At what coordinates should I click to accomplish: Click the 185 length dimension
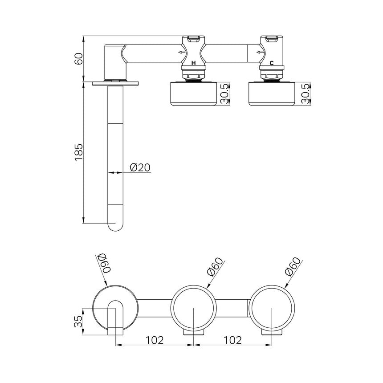coord(78,152)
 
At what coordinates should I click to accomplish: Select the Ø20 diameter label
coord(140,167)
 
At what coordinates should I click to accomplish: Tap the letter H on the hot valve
coord(193,63)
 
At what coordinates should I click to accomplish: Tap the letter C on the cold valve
coord(271,63)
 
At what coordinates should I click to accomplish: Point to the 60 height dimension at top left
coord(78,59)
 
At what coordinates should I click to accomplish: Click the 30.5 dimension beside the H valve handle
coord(226,94)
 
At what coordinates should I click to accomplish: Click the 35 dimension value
coord(78,321)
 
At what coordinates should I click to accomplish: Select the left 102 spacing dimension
coord(155,340)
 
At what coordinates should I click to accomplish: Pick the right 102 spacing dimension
coord(232,340)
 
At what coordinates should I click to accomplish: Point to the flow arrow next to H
coord(182,53)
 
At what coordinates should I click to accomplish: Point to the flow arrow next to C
coord(260,53)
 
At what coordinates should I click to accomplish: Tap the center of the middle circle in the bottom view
coord(194,308)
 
